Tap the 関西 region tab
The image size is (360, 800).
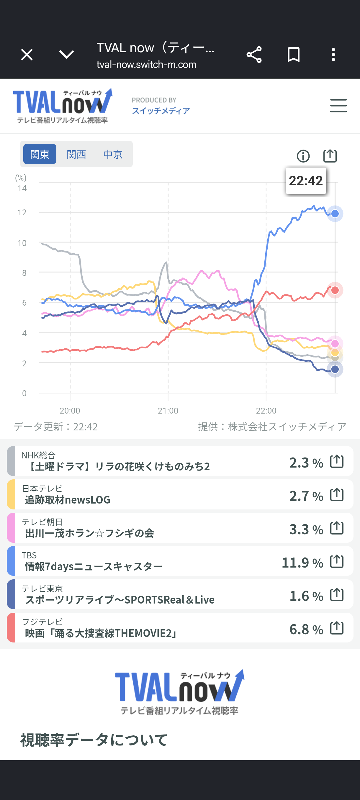coord(76,154)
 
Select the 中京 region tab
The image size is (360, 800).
coord(113,154)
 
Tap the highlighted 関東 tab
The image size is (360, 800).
coord(40,154)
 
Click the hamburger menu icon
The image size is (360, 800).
coord(338,106)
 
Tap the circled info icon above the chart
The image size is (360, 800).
coord(303,156)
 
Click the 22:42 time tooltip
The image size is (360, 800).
coord(306,181)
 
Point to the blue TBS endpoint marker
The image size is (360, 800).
coord(335,214)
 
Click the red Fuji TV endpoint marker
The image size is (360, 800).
coord(335,290)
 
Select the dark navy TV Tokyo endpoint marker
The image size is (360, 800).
coord(335,369)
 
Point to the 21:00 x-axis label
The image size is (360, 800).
coord(168,411)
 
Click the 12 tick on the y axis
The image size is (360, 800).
coord(22,212)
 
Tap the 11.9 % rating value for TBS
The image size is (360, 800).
coord(302,563)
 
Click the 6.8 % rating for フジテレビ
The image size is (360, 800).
coord(306,629)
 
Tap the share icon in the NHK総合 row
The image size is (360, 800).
coord(337,461)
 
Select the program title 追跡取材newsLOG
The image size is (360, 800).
coord(67,500)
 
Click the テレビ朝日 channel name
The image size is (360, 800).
coord(42,522)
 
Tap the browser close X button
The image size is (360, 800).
coord(27,55)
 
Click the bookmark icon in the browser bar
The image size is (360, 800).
coord(294,55)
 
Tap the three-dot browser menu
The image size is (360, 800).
coord(333,55)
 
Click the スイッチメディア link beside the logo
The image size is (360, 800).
coord(161,111)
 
